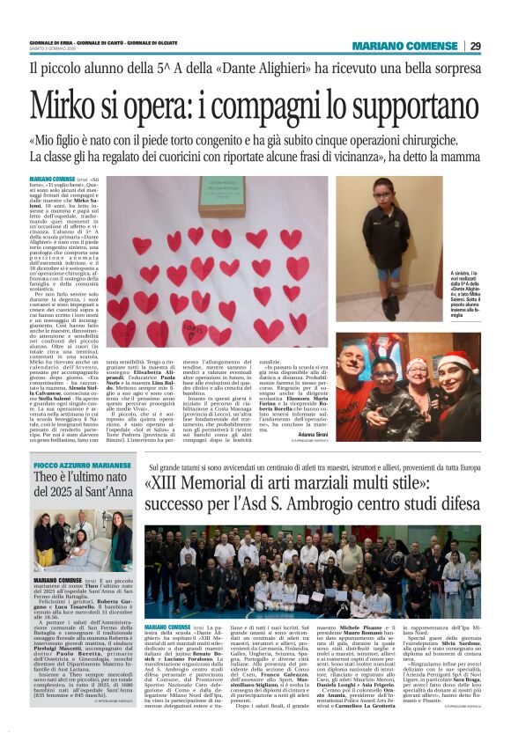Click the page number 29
click(476, 46)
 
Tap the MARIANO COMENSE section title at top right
click(404, 46)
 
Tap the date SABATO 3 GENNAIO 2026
click(56, 50)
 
